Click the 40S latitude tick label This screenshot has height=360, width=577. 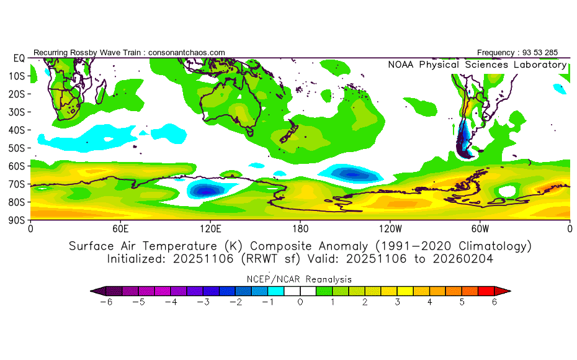(16, 130)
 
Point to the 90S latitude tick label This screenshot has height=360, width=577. (16, 220)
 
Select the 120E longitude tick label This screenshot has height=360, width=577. (210, 228)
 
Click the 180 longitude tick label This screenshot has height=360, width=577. (300, 228)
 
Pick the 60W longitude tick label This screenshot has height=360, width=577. (480, 228)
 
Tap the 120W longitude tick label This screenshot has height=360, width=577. (390, 228)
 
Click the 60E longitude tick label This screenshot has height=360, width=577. (120, 228)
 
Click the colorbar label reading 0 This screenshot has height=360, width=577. (300, 302)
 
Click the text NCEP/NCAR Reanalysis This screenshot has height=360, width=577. (300, 279)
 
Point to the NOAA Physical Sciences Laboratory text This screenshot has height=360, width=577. (476, 65)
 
